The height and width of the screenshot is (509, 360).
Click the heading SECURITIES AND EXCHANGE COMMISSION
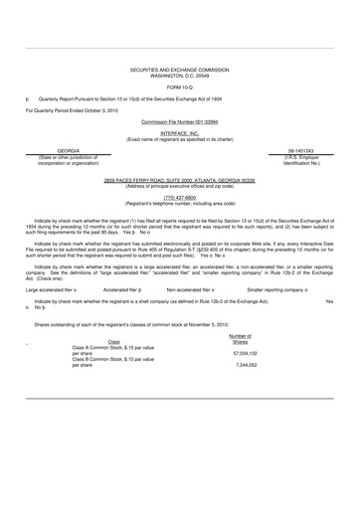click(x=179, y=71)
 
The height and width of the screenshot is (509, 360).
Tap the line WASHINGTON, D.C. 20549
click(x=179, y=77)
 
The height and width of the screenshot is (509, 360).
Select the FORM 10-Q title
click(x=179, y=88)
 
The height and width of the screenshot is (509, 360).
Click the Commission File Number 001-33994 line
click(x=179, y=119)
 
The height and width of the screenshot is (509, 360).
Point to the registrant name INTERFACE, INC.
click(x=179, y=131)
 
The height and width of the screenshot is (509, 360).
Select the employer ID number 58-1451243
click(x=302, y=150)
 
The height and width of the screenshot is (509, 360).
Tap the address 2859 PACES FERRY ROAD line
click(x=179, y=182)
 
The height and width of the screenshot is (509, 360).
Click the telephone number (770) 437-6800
click(x=179, y=197)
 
